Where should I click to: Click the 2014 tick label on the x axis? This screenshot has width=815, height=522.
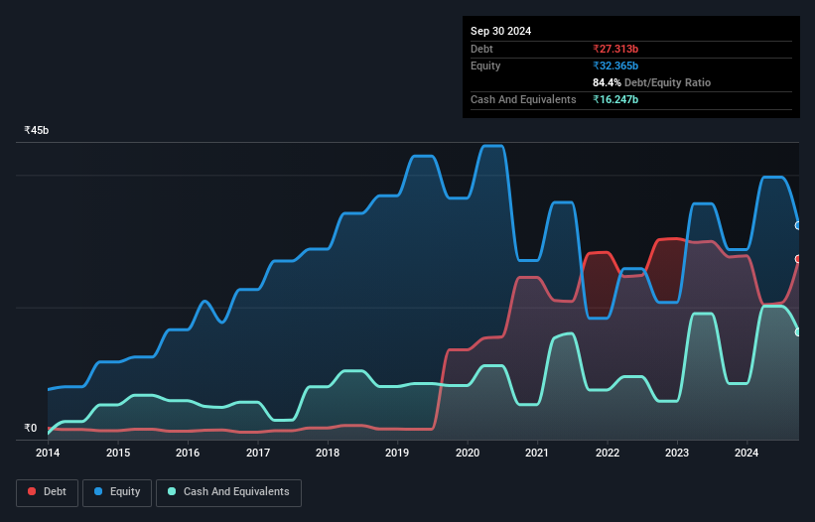pos(48,454)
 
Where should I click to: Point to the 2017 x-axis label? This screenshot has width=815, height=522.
pos(258,454)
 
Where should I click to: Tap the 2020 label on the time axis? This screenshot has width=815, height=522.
pos(468,454)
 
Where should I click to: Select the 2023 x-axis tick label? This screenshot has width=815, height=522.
pos(677,454)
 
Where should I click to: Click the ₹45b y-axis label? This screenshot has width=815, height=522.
pos(37,130)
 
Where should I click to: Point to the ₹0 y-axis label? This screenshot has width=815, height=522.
pos(30,429)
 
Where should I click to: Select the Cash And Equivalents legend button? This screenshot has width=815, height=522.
pos(228,492)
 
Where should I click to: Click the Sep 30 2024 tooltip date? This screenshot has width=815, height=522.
pos(501,31)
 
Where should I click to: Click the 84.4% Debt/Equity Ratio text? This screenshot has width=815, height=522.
pos(651,82)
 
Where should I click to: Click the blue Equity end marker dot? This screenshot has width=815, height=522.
pos(798,225)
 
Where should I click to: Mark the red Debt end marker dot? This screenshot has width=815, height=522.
pos(798,259)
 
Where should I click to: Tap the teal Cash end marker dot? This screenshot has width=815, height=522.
pos(798,332)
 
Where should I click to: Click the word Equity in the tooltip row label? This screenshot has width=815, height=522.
pos(486,65)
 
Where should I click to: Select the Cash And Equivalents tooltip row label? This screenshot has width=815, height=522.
pos(523,99)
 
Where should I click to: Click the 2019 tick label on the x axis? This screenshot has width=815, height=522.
pos(397,454)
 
